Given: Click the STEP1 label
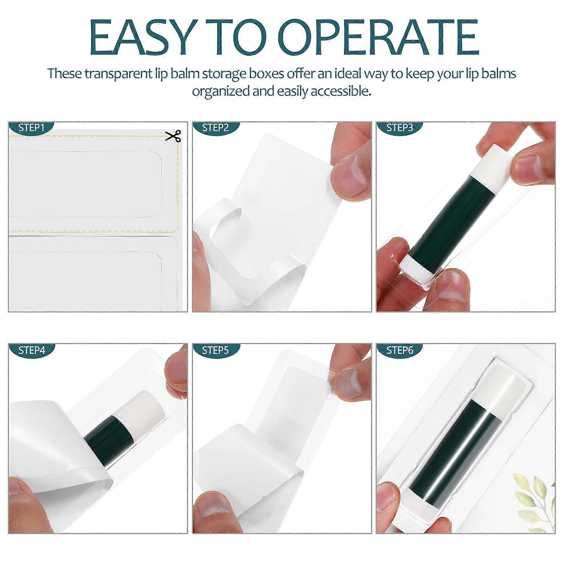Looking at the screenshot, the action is coord(31,128).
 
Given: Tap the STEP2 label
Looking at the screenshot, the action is coord(215,128).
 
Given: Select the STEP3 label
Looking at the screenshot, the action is coord(400,128).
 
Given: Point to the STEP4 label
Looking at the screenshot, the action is coord(32,350).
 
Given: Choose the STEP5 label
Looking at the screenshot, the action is coord(215,350).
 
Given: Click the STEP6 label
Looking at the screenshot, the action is coord(400,350).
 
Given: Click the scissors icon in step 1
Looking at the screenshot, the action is coord(173,136).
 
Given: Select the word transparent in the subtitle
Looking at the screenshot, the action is coord(119,74).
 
